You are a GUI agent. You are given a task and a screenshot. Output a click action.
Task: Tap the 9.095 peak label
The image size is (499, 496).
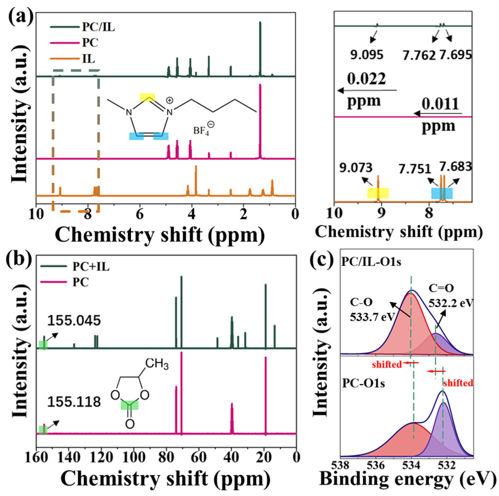coord(367,55)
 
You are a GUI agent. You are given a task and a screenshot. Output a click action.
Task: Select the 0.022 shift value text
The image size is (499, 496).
coord(366,79)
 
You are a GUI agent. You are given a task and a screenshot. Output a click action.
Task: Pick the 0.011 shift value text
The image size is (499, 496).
coord(440,104)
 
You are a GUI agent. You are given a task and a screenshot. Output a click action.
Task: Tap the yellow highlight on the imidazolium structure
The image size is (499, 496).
coord(148,97)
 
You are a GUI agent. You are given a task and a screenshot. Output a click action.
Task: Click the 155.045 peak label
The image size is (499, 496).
coord(74,321)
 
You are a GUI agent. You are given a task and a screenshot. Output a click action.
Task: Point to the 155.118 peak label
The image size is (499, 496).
coord(74,402)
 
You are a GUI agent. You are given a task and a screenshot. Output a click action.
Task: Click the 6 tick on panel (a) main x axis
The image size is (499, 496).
coord(140,214)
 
